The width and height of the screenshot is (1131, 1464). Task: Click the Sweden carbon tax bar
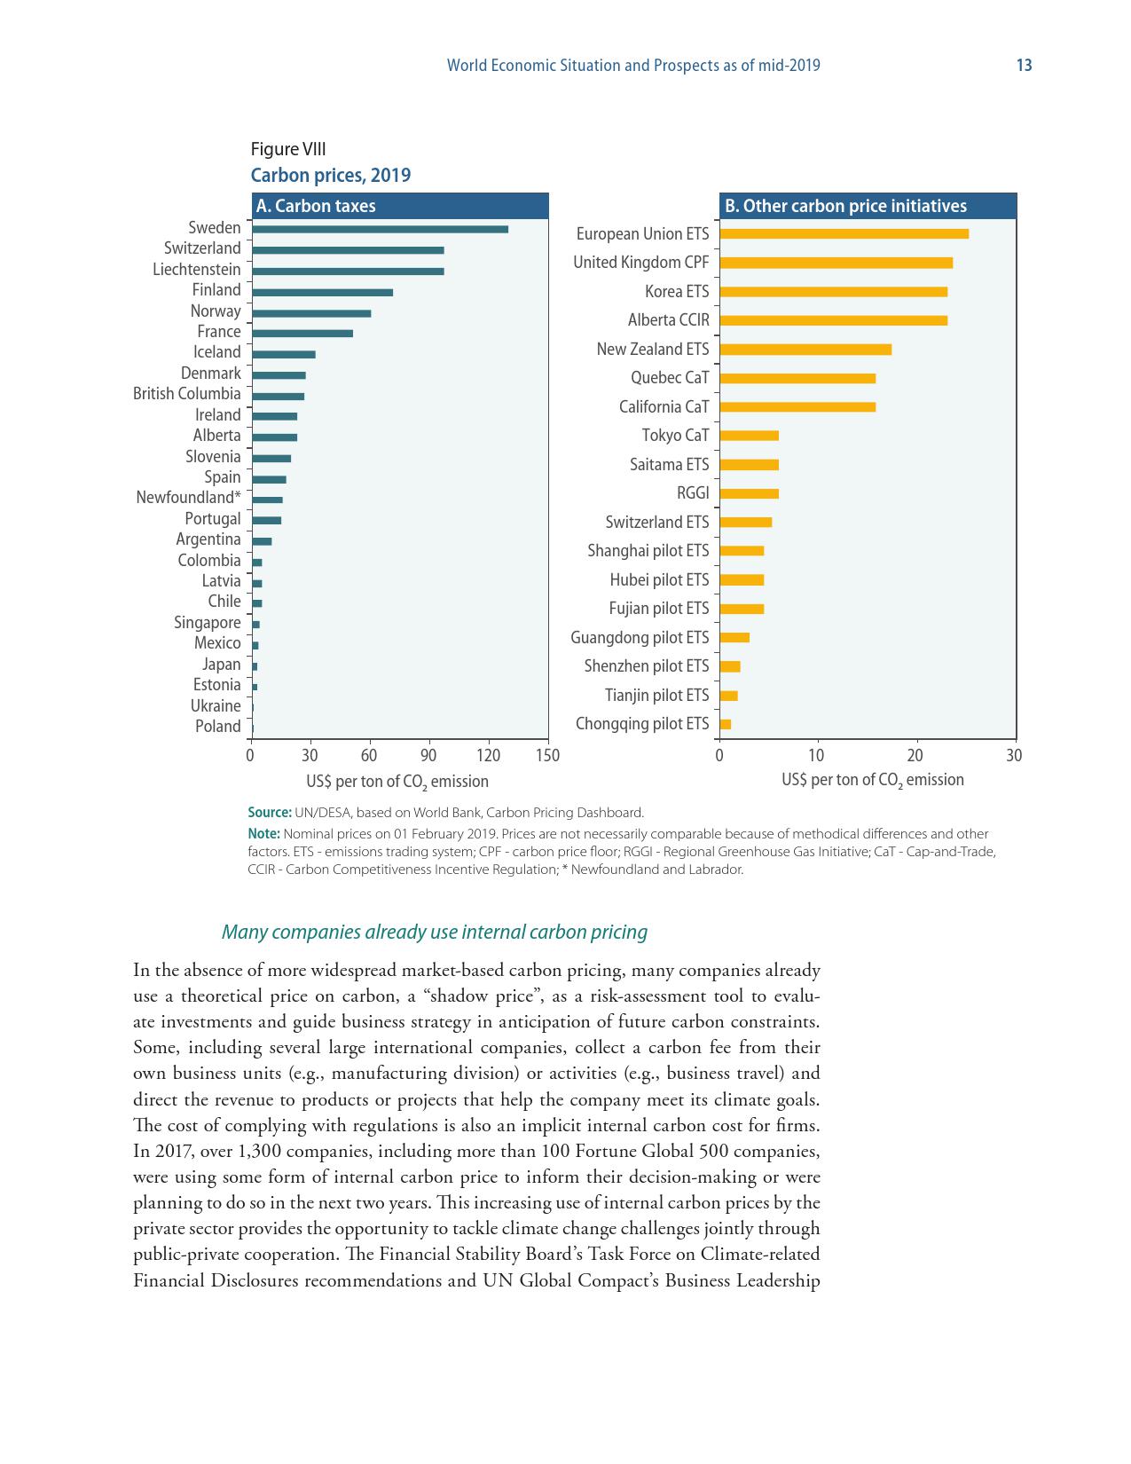[380, 229]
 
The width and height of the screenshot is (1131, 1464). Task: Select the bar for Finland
[322, 292]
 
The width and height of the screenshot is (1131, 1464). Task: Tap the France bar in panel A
[302, 334]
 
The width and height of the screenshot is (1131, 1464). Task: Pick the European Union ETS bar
[844, 234]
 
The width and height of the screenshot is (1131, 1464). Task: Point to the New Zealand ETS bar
[805, 350]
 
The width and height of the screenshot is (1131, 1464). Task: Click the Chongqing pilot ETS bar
[726, 724]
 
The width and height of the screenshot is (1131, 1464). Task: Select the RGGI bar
[750, 493]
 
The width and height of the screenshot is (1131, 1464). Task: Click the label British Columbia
[186, 394]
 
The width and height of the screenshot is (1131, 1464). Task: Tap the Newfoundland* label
[188, 498]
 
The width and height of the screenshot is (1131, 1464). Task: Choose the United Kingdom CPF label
[640, 263]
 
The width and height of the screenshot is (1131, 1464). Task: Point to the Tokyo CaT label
[675, 436]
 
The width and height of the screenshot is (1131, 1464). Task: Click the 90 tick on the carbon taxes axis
[428, 756]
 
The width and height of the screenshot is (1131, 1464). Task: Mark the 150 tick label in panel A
[548, 756]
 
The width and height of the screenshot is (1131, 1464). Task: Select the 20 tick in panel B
[915, 756]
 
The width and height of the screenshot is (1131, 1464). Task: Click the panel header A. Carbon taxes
[316, 206]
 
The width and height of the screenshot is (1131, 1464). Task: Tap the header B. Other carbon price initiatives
[845, 206]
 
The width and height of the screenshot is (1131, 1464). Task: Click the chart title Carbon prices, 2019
[331, 175]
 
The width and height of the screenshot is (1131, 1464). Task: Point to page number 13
[1024, 66]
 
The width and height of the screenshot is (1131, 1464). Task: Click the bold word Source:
[270, 813]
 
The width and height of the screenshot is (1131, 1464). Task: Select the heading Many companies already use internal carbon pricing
[434, 933]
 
